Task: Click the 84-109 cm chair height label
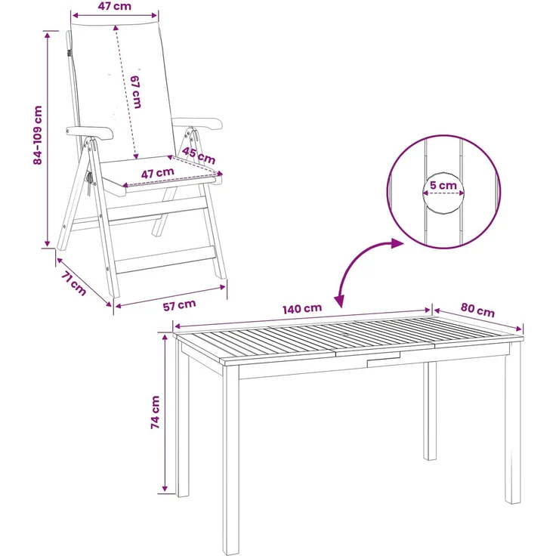tap(38, 135)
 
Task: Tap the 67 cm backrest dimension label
tap(136, 92)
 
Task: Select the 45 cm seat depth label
tap(199, 156)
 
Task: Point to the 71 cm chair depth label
tap(74, 283)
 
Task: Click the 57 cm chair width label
tap(180, 305)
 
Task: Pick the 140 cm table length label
tap(302, 309)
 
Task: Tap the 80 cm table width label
tap(477, 310)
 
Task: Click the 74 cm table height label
tap(156, 412)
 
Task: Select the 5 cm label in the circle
tap(443, 185)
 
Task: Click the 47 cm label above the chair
tap(115, 6)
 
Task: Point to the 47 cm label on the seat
tap(158, 173)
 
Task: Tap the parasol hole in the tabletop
tap(345, 335)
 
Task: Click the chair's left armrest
tap(90, 133)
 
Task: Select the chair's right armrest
tap(197, 123)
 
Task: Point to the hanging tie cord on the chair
tap(89, 184)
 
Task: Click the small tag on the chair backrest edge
tap(69, 53)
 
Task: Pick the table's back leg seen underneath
tap(430, 411)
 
